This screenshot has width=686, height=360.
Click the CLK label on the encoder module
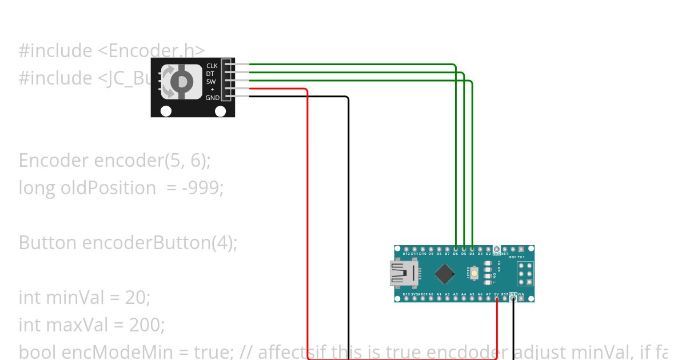(x=212, y=66)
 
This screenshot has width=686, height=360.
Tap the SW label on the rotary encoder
(x=211, y=82)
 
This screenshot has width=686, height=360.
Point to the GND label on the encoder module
(x=212, y=98)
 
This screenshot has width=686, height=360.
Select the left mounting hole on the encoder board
(x=166, y=111)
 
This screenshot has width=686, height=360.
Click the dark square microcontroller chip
(x=445, y=274)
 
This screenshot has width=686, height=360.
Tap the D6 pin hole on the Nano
(x=456, y=249)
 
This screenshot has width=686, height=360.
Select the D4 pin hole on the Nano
(x=472, y=249)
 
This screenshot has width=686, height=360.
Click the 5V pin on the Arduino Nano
(x=497, y=298)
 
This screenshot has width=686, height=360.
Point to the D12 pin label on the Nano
(x=406, y=254)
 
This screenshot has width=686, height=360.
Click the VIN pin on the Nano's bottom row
(x=521, y=298)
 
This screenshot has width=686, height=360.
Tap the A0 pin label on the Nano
(x=431, y=294)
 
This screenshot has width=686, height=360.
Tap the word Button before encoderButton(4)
(x=48, y=242)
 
